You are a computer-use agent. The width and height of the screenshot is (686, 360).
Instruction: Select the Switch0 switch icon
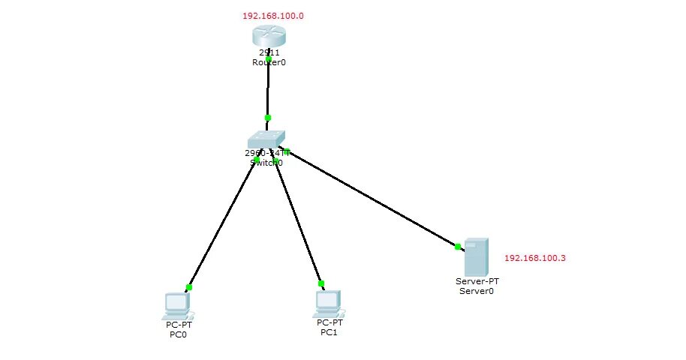coord(266,139)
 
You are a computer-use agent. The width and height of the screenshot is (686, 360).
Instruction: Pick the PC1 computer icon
coord(328,301)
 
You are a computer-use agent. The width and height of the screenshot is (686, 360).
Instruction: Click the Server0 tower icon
coord(477,256)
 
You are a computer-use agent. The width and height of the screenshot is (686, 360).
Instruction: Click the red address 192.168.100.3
coord(534,258)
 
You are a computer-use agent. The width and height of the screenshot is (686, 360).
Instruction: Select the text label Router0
coord(269,63)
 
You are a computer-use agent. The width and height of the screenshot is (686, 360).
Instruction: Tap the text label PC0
coord(178,334)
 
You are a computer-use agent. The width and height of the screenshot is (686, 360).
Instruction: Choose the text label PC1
coord(329,331)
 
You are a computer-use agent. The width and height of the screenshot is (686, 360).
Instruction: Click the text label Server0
coord(477,291)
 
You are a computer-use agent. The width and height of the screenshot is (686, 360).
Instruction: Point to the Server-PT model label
coord(477,281)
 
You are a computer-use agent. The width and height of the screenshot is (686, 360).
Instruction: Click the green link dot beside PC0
coord(189,287)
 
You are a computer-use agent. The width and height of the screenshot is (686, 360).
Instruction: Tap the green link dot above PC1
coord(321,283)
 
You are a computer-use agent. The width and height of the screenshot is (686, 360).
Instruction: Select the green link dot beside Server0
coord(457,245)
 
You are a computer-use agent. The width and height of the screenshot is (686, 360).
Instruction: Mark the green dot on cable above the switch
coord(267,118)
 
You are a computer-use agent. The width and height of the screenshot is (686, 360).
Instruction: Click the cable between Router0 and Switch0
coord(267,90)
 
